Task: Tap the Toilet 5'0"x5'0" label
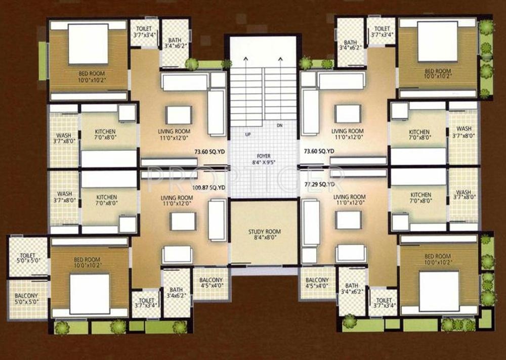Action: (x=28, y=258)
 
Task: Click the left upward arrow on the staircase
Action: (x=246, y=60)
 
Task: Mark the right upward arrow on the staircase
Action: (x=279, y=60)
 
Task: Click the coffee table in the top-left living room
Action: (x=179, y=115)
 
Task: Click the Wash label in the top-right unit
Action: (x=463, y=132)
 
